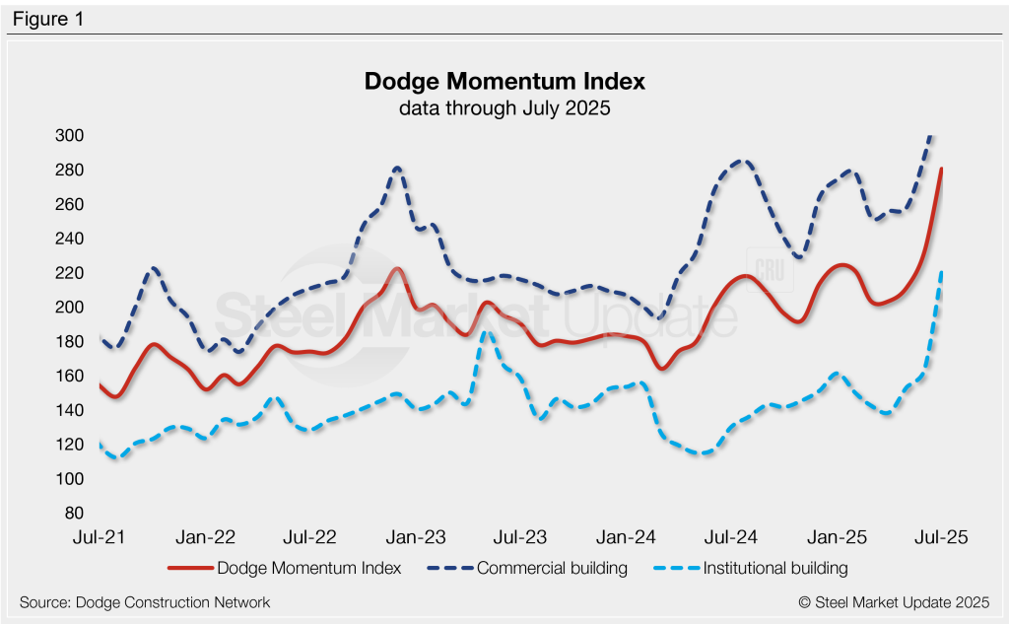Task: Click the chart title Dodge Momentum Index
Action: point(504,81)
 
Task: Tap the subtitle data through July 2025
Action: point(504,108)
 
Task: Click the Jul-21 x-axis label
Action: point(99,538)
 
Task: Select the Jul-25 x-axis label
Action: point(941,538)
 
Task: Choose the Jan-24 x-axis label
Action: point(627,538)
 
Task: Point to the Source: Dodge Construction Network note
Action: point(145,601)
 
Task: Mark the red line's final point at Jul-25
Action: point(942,169)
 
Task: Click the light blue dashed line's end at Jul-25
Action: point(942,272)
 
